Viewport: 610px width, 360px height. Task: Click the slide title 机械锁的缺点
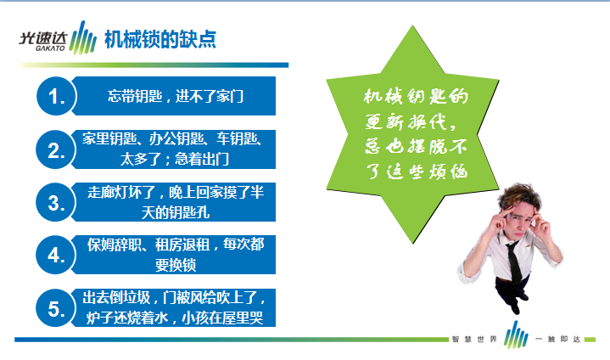159,39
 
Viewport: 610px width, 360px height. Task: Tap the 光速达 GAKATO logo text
43,41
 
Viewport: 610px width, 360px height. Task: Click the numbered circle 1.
56,96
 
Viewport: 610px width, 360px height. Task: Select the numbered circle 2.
56,149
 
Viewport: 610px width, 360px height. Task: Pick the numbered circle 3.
56,202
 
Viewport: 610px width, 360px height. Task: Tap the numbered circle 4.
56,255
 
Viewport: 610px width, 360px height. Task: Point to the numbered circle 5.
56,308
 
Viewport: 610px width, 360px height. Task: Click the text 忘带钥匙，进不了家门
176,96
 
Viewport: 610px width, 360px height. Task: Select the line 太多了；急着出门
175,159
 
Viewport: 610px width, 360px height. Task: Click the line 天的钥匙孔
176,212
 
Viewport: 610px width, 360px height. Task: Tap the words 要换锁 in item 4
176,265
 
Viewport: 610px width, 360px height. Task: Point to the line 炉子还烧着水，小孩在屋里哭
175,318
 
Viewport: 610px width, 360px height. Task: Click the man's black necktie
513,262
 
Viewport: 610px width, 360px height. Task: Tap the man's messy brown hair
519,196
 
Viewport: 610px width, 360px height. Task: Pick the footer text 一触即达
557,340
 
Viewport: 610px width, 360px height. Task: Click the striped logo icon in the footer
516,335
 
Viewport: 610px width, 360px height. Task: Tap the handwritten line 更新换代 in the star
411,121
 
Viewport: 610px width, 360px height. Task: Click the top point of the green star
412,26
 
